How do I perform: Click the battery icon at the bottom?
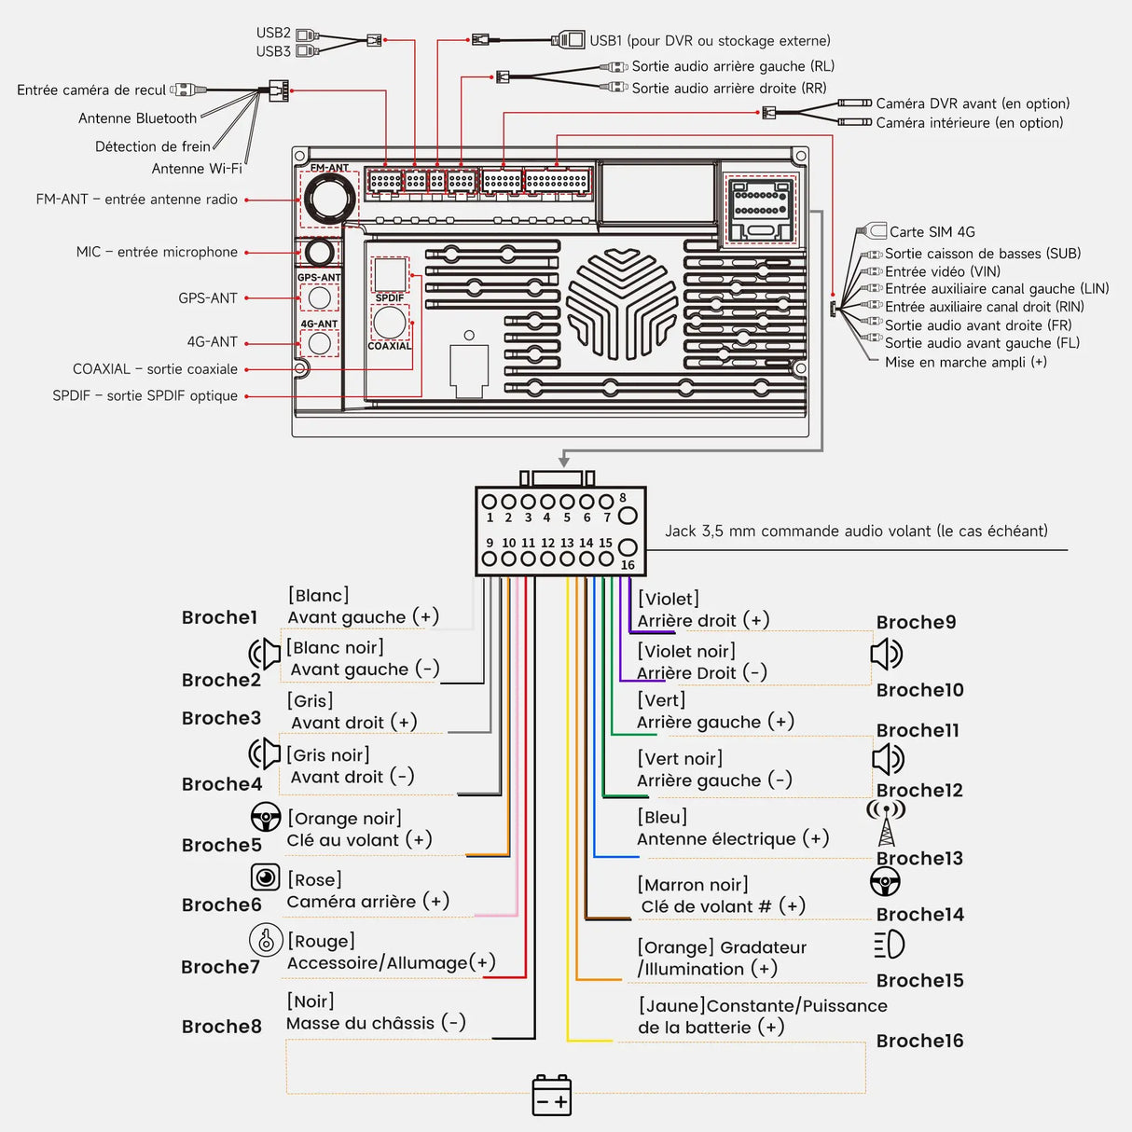click(551, 1096)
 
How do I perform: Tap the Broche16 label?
click(919, 1041)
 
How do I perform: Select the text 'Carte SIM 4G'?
click(932, 232)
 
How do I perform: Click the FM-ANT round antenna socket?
click(329, 199)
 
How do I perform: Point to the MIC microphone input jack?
click(320, 252)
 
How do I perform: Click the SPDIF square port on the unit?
click(390, 274)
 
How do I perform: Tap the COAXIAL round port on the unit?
click(389, 323)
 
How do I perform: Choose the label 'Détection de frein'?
click(153, 146)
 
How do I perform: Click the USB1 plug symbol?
click(568, 40)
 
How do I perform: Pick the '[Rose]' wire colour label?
click(314, 879)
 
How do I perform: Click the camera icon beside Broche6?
click(266, 877)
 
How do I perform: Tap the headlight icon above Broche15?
click(890, 945)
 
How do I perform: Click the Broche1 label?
click(219, 617)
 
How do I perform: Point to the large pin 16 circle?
click(628, 547)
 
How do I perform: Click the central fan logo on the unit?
click(622, 303)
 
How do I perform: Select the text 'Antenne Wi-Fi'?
click(197, 169)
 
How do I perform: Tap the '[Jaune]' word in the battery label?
click(671, 1005)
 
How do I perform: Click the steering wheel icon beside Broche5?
click(266, 817)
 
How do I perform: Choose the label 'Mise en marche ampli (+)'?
click(965, 362)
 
